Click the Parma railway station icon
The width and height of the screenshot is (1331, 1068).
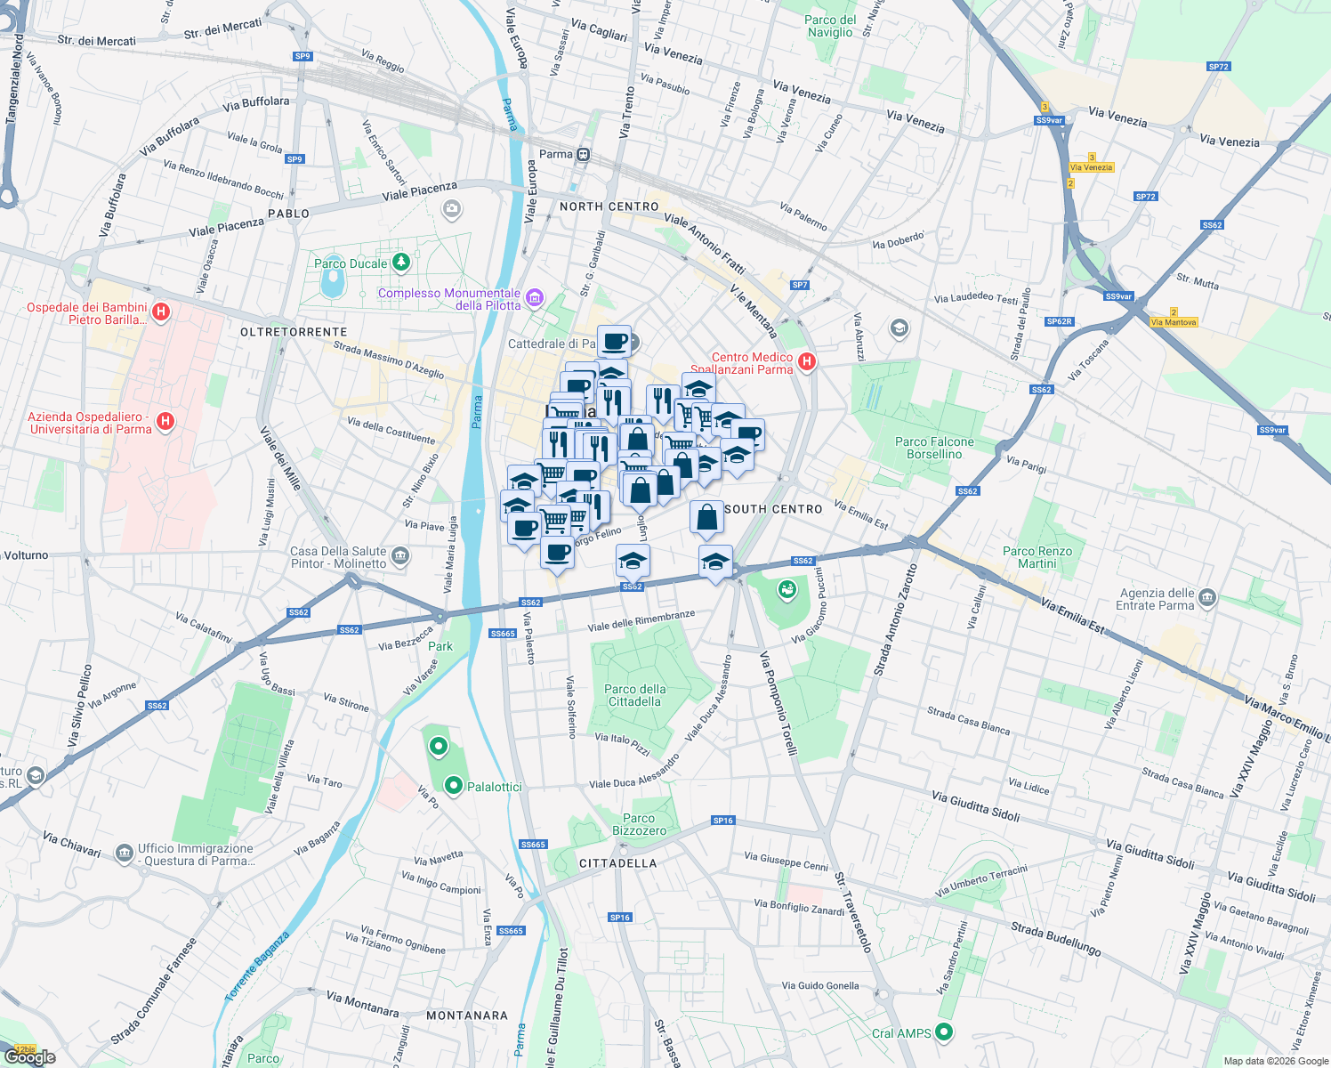coord(583,155)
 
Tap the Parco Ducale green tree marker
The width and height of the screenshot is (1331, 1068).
coord(401,263)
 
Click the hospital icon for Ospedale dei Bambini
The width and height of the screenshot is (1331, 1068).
coord(161,311)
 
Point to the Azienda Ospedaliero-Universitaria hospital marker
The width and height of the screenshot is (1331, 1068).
coord(165,422)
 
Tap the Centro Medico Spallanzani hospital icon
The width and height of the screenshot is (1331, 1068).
coord(807,361)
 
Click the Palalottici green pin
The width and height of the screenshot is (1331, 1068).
coord(454,786)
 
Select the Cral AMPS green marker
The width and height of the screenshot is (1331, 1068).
coord(944,1032)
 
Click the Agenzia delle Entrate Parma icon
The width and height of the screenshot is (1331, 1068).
coord(1207,597)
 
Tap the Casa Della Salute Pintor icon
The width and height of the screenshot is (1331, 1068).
coord(400,557)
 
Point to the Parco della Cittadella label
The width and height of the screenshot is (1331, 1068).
coord(634,695)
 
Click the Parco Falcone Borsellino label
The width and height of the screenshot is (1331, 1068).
coord(934,448)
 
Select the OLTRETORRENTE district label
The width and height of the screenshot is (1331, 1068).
coord(294,332)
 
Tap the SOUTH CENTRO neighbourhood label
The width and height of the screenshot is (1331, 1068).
coord(773,509)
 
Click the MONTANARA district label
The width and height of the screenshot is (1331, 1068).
coord(467,1015)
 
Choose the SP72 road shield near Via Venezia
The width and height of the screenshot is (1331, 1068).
coord(1218,67)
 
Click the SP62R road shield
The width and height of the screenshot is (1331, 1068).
coord(1059,321)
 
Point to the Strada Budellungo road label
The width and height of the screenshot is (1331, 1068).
coord(1055,939)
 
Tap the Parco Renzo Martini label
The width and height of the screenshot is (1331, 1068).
coord(1037,557)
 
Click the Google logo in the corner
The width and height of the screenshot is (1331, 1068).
coord(30,1057)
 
